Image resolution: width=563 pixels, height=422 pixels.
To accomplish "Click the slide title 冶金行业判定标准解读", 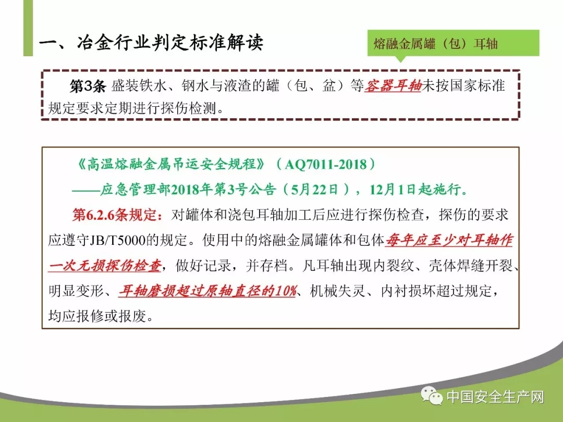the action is [170, 43].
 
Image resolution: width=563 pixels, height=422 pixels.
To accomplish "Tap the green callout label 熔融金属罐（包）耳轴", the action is [435, 44].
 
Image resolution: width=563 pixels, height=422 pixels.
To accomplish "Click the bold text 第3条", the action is [88, 86].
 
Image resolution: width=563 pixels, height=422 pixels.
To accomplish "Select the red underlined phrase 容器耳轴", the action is [393, 86].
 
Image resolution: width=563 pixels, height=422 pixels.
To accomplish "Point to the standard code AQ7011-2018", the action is [326, 164].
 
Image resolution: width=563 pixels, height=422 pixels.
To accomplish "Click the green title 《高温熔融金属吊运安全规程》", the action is [172, 164].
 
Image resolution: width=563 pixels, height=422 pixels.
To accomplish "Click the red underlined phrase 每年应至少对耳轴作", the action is [449, 240].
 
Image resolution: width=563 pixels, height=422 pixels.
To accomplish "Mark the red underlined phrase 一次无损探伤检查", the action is [104, 266].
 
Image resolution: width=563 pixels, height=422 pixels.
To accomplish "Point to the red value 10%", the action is [286, 291].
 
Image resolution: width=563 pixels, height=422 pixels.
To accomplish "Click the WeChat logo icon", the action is [432, 396].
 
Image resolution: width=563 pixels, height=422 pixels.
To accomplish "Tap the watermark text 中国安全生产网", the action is [496, 397].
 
